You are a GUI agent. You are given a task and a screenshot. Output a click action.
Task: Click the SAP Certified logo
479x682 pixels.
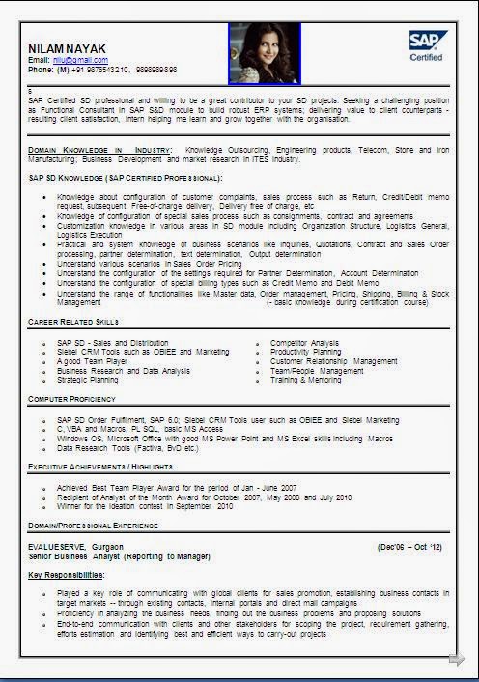pos(425,45)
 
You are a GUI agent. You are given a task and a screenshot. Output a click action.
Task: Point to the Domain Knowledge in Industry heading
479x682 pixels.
pos(99,151)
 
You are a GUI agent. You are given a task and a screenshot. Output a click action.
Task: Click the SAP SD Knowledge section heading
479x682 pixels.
pos(126,178)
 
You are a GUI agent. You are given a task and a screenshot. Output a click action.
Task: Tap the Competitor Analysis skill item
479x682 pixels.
pos(304,343)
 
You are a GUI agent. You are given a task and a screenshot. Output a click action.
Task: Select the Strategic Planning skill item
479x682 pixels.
pos(87,380)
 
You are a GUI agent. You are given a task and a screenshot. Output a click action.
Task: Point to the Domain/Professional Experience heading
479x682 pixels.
pos(93,526)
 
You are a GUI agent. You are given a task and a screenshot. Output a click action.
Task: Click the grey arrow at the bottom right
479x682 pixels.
pos(456,660)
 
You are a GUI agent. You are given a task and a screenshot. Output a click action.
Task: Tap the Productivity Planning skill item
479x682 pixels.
pos(306,353)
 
